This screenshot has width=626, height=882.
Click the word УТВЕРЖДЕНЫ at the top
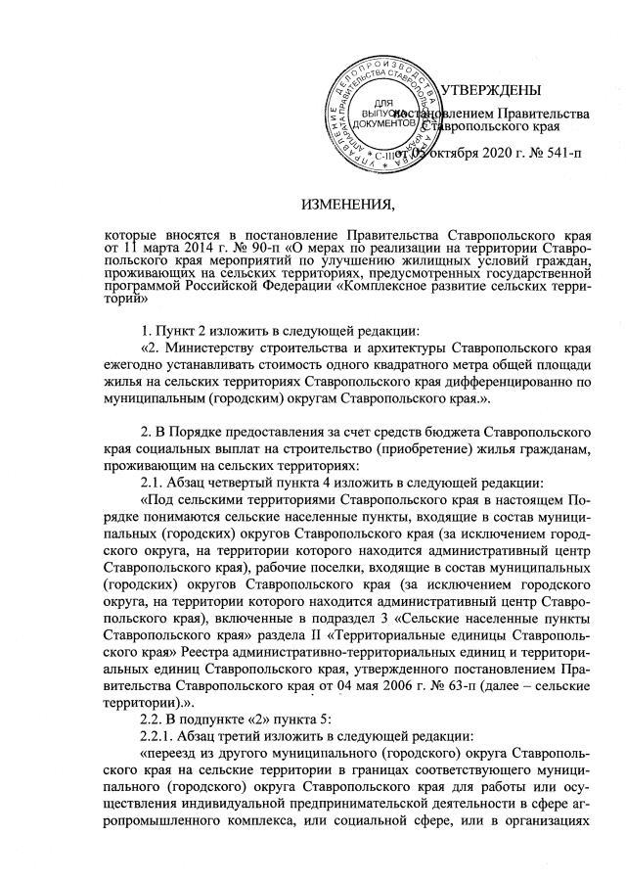pyautogui.click(x=490, y=91)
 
